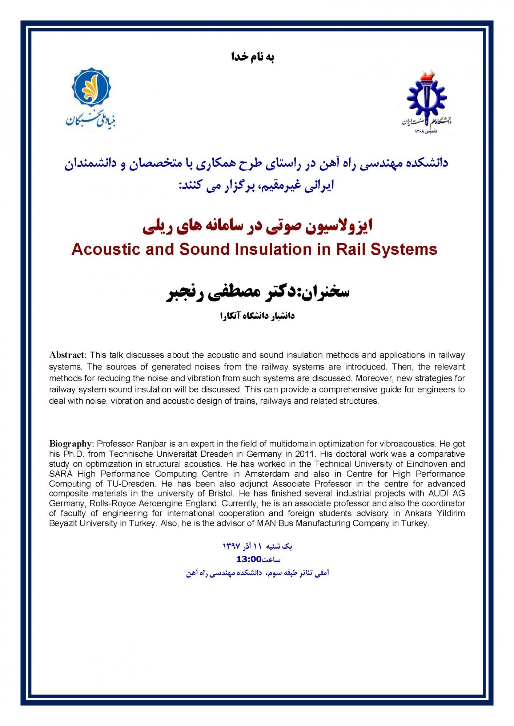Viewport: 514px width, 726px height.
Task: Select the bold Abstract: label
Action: point(68,355)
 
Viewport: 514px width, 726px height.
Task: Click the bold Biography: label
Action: point(72,444)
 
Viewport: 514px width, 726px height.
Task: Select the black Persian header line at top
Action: point(253,57)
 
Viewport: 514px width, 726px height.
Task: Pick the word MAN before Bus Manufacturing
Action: point(266,523)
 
